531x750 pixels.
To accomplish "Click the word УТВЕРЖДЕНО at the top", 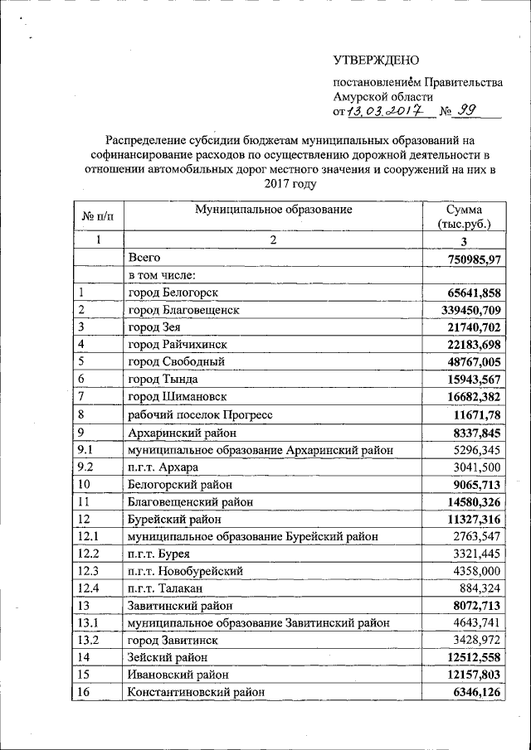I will click(376, 60).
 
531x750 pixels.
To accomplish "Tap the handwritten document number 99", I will click(469, 109).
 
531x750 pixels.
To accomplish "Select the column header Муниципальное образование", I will click(273, 210).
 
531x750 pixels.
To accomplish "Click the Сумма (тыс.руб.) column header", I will click(463, 217).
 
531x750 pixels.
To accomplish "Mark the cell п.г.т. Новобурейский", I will click(184, 571).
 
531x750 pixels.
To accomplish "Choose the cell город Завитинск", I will click(172, 641).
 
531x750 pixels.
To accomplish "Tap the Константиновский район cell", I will click(197, 692).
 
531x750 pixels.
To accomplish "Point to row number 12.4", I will click(88, 588).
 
